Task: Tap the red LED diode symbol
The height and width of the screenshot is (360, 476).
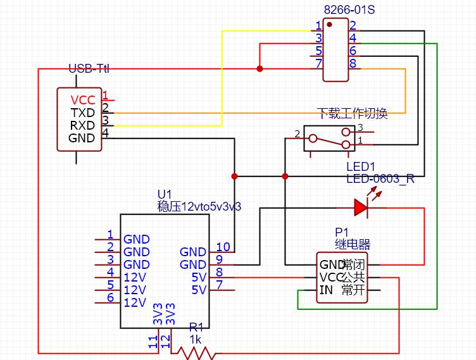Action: coord(361,206)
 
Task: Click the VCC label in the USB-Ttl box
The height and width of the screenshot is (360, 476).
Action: coord(83,100)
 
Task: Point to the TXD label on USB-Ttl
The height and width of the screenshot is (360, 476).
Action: coord(82,113)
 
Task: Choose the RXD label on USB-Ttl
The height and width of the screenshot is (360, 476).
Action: coord(82,125)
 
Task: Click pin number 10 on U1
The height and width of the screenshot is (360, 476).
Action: coord(223,247)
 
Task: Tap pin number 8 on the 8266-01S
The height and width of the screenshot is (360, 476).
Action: coord(353,63)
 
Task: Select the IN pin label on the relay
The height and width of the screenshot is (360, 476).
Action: coord(326,290)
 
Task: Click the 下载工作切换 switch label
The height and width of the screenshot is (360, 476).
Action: coord(352,114)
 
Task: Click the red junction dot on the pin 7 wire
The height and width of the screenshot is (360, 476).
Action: coord(260,68)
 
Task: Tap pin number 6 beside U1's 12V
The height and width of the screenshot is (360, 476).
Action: coord(110,297)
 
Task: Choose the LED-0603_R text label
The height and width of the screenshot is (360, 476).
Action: coord(380,178)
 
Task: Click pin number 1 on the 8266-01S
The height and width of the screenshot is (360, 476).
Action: coord(318,26)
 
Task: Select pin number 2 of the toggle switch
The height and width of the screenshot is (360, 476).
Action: coord(296,134)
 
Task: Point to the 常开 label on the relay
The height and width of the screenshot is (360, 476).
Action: coord(353,290)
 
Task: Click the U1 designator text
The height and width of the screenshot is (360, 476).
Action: coord(164,194)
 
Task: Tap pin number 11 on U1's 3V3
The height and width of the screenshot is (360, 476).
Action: coord(152,342)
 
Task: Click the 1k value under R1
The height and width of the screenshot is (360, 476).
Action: coord(195,340)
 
